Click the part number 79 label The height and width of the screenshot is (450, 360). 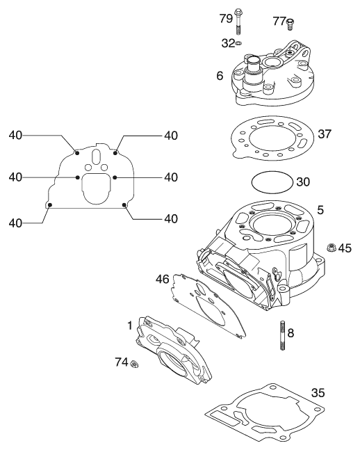point(226,19)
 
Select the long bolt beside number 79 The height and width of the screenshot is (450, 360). point(238,22)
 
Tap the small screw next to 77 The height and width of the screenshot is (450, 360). point(291,24)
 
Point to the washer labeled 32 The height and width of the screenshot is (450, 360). point(238,43)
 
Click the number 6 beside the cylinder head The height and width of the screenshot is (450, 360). point(220,76)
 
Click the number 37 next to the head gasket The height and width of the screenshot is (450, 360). point(325,134)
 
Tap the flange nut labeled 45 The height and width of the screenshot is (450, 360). point(332,247)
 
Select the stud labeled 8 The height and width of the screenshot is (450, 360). point(283,335)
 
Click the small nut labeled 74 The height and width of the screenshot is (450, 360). point(133,364)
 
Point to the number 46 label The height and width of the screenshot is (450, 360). point(163,279)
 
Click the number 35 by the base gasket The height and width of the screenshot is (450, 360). point(318,392)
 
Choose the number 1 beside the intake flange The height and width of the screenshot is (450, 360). point(130,326)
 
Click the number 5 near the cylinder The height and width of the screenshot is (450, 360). point(320,210)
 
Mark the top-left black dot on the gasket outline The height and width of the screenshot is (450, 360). point(77,153)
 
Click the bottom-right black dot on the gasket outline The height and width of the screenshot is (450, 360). point(124,204)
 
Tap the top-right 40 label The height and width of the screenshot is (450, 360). point(171,136)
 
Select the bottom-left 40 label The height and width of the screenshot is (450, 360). point(15,223)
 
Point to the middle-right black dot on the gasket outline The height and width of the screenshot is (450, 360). point(115,177)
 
